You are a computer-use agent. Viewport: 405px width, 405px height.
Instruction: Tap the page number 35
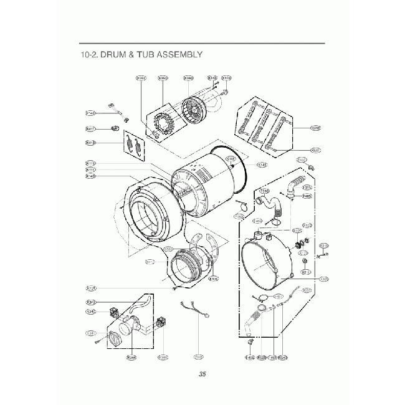click(202, 374)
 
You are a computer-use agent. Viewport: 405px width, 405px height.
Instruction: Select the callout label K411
click(90, 129)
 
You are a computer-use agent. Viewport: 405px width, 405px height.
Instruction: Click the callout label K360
click(188, 78)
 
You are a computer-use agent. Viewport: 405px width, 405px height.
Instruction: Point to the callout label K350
click(163, 78)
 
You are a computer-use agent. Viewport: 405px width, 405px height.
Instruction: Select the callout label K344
click(131, 357)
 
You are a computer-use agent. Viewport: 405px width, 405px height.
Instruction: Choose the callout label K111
click(90, 169)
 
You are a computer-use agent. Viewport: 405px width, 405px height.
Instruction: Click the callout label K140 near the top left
click(90, 113)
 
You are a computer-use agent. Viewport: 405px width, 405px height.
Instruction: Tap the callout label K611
click(315, 150)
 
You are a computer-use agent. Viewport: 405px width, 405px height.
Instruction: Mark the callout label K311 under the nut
click(306, 272)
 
